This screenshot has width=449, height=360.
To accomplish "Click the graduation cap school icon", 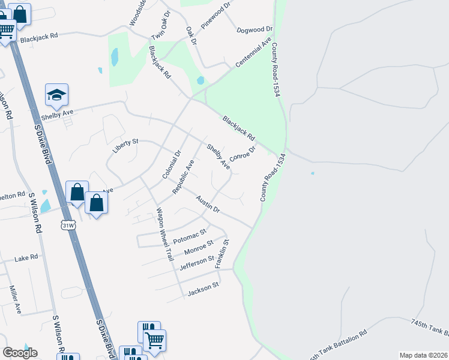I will [56, 95].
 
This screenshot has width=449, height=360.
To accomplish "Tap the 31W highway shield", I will [68, 226].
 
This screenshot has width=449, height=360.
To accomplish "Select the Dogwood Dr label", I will [255, 29].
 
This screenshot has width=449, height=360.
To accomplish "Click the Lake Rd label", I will [26, 257].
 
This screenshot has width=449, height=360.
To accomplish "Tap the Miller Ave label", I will [15, 299].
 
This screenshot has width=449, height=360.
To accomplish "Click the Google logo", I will [20, 353].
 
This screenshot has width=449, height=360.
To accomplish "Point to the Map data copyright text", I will [423, 355].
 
